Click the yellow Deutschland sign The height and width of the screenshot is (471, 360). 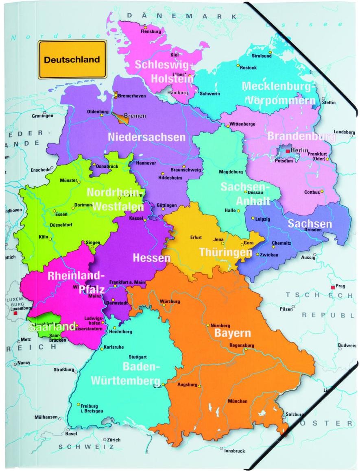pyautogui.click(x=72, y=60)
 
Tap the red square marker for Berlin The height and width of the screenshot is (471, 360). pyautogui.click(x=287, y=151)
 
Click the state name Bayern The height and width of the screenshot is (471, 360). pyautogui.click(x=233, y=334)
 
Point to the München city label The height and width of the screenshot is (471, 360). pyautogui.click(x=238, y=402)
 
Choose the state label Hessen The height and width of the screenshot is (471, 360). pyautogui.click(x=152, y=258)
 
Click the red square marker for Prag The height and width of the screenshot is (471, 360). pyautogui.click(x=333, y=287)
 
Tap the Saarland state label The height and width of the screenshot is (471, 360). pyautogui.click(x=52, y=327)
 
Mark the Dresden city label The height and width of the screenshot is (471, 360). pyautogui.click(x=313, y=230)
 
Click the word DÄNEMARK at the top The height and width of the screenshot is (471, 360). pyautogui.click(x=181, y=16)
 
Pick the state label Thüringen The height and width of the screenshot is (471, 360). pyautogui.click(x=225, y=252)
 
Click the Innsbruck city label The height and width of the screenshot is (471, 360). pyautogui.click(x=235, y=451)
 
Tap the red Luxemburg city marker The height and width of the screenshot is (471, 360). pyautogui.click(x=15, y=314)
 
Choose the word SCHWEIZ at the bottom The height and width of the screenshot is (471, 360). pyautogui.click(x=85, y=447)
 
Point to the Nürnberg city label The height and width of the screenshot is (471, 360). pyautogui.click(x=220, y=326)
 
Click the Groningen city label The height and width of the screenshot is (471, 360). pyautogui.click(x=42, y=116)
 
